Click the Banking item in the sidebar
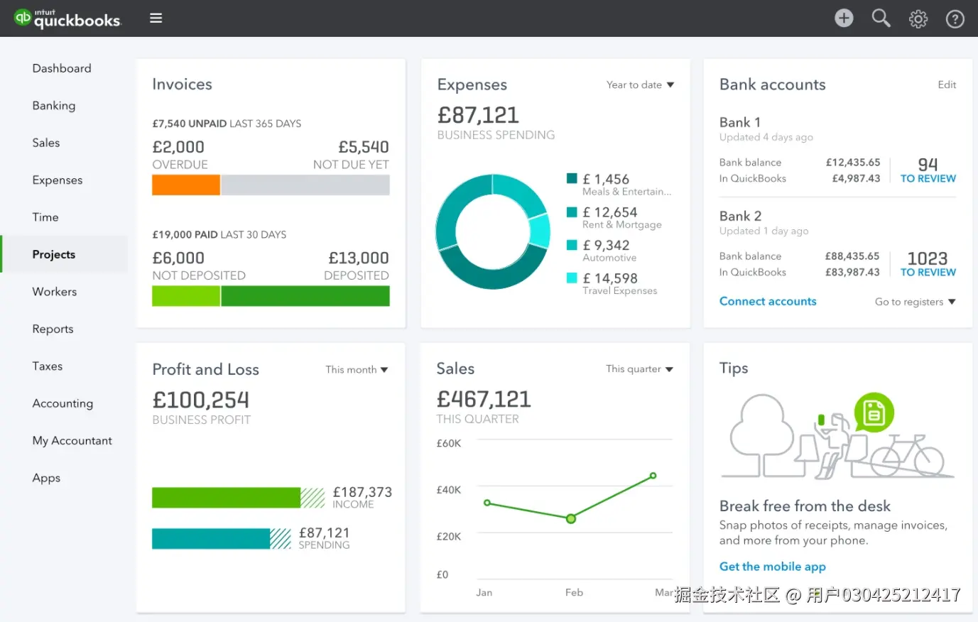[x=54, y=106]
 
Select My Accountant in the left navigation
[x=72, y=441]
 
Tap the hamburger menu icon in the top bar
[x=156, y=18]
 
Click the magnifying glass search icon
[x=881, y=18]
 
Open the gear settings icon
[x=918, y=19]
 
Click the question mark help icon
[x=955, y=19]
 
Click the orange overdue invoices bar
[x=186, y=185]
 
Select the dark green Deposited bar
[x=305, y=296]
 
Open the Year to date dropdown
[x=640, y=85]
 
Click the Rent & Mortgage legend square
[x=572, y=212]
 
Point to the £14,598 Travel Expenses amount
[x=609, y=278]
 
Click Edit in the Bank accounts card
[x=947, y=85]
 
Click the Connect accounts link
[x=768, y=302]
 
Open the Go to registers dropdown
[x=915, y=302]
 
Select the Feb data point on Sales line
[x=571, y=519]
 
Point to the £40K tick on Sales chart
[x=449, y=490]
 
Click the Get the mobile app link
[x=772, y=567]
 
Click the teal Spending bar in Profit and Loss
[x=211, y=539]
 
